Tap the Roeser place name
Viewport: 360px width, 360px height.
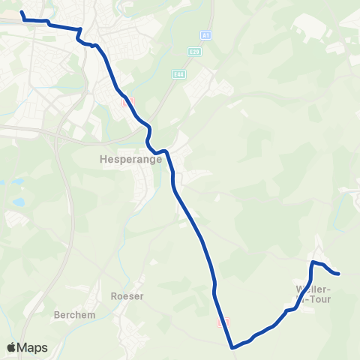click(x=127, y=295)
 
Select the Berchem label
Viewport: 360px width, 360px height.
click(x=75, y=315)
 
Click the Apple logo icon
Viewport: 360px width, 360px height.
click(x=13, y=348)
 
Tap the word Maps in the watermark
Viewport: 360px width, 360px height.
click(x=33, y=348)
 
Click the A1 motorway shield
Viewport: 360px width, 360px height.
click(x=205, y=34)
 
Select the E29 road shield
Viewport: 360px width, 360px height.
click(x=195, y=51)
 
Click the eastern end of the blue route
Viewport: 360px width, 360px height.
click(x=339, y=274)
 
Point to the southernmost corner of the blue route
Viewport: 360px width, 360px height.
click(x=233, y=348)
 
